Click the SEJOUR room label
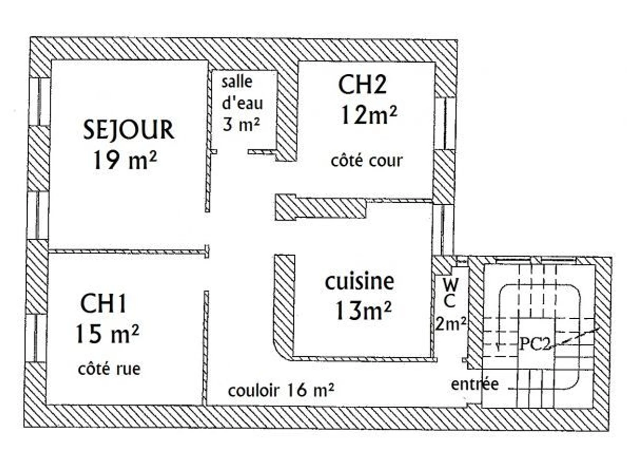coord(129,130)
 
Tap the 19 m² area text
coord(125,160)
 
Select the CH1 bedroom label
coord(103,304)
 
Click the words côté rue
coord(109,368)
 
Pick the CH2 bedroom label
coord(363,85)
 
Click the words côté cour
coord(367,160)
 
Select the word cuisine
coord(359,282)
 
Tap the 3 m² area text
coord(242,126)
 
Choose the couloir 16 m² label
coord(281,390)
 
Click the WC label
coord(451,293)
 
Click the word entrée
coord(475,384)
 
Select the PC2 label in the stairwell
coord(535,344)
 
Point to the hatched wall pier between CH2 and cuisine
coord(320,207)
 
